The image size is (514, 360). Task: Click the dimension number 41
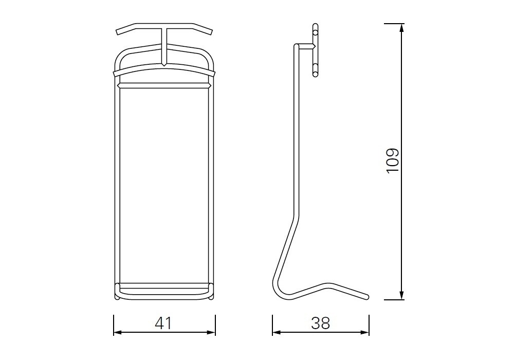coord(163,323)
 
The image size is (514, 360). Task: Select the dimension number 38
coord(320,323)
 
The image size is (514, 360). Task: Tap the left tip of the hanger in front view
coord(118,32)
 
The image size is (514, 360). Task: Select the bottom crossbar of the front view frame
coord(164,284)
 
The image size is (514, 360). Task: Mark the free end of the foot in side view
coord(367,297)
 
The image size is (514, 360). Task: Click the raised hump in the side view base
coord(329,283)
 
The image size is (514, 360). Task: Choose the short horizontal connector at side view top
coord(305,47)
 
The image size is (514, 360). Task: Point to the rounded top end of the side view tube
coord(296,46)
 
